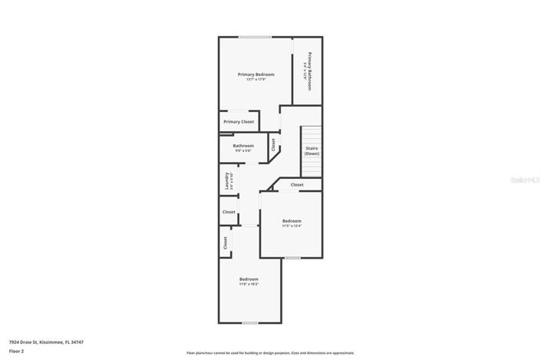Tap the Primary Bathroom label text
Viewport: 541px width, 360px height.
click(308, 71)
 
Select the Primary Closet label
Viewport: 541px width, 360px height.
click(239, 122)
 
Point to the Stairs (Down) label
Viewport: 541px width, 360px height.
click(312, 150)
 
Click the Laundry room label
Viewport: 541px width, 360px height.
click(228, 181)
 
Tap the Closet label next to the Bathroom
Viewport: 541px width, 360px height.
click(274, 144)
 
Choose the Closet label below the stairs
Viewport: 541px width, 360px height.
click(297, 185)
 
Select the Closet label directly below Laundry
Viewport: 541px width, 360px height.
click(229, 212)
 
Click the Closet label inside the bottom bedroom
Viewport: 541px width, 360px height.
click(226, 243)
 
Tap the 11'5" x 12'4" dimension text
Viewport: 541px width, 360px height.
click(292, 226)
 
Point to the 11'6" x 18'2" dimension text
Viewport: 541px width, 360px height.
click(249, 284)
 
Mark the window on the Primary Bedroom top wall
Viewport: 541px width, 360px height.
click(254, 37)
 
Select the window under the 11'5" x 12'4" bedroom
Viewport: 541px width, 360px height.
click(292, 258)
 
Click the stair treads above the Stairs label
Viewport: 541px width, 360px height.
click(311, 134)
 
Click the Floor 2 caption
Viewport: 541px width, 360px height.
click(16, 351)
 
